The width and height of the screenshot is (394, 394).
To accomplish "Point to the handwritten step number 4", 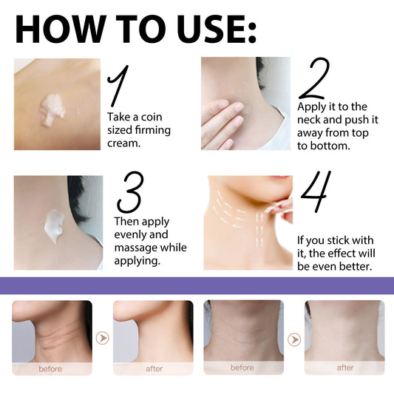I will [314, 193].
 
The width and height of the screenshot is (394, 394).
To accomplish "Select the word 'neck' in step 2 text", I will [311, 120].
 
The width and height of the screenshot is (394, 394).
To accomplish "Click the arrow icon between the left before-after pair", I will [103, 339].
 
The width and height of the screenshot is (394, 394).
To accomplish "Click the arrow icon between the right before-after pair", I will [293, 339].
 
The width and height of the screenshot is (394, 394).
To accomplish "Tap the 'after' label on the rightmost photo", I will [345, 367].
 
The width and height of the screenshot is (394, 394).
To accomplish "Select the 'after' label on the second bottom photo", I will [153, 368].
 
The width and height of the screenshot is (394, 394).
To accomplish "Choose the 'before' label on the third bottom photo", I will [242, 367].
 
